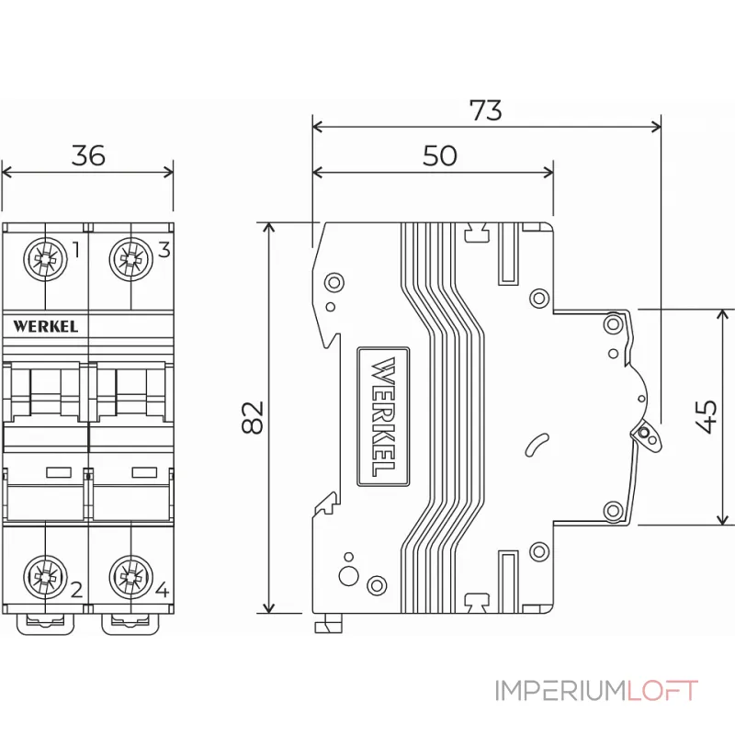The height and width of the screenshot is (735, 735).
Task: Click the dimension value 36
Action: [x=88, y=155]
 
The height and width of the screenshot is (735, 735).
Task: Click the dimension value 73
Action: [x=486, y=110]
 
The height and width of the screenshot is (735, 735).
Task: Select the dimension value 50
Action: [x=440, y=155]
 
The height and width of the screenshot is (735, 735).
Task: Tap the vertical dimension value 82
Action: [x=253, y=417]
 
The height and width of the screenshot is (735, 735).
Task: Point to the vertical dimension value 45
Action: [x=707, y=416]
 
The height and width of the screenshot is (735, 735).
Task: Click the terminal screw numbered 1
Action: [x=42, y=259]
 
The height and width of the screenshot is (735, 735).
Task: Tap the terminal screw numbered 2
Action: [x=42, y=577]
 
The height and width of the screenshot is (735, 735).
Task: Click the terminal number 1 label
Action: [x=76, y=250]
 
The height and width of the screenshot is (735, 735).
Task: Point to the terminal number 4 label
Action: [x=162, y=589]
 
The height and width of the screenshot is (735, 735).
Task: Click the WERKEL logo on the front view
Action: [x=46, y=325]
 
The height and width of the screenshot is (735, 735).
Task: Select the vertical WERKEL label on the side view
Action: [x=384, y=416]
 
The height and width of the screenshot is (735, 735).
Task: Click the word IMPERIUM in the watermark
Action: [x=559, y=691]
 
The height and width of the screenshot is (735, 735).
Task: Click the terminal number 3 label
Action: [x=164, y=249]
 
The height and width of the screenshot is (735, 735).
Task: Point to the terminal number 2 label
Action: [x=76, y=589]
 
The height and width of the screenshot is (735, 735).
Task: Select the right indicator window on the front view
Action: [x=144, y=473]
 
